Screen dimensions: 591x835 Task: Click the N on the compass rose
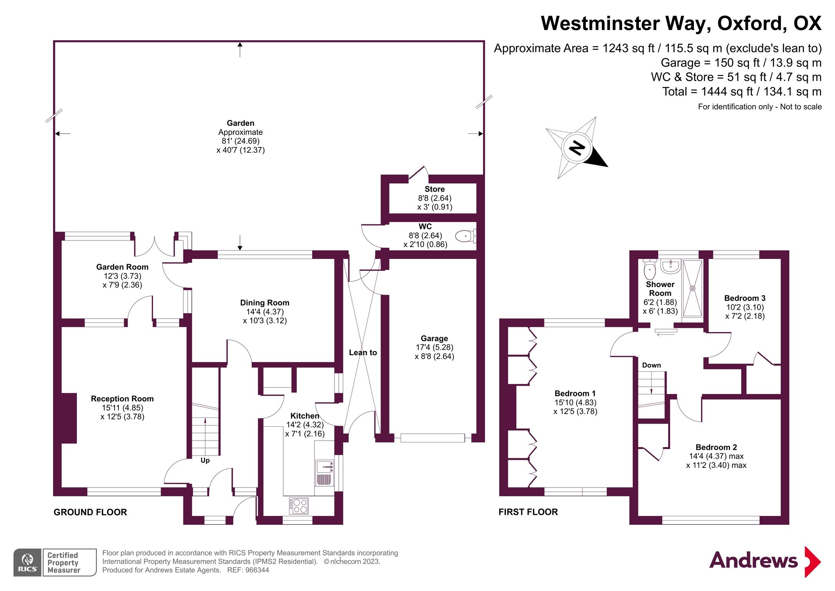(577, 147)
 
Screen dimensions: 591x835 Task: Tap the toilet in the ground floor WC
(465, 236)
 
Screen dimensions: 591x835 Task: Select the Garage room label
(434, 339)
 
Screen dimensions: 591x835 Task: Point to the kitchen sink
(324, 467)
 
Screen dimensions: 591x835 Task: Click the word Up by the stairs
(205, 461)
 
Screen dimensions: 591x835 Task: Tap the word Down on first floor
(651, 365)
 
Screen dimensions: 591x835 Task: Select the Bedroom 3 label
(744, 298)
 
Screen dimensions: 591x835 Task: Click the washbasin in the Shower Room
(670, 266)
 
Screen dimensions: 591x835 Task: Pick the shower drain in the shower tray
(692, 288)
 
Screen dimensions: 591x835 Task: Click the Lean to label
(363, 352)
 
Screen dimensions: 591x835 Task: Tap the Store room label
(434, 189)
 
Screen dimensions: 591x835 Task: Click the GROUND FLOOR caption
(90, 512)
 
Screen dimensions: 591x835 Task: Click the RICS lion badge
(27, 562)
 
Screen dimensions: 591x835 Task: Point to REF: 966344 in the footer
(248, 570)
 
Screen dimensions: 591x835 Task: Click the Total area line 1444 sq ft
(742, 92)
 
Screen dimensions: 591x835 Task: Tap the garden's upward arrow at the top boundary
(240, 49)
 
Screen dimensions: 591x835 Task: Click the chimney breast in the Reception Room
(69, 418)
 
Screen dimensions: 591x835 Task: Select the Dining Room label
(264, 303)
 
